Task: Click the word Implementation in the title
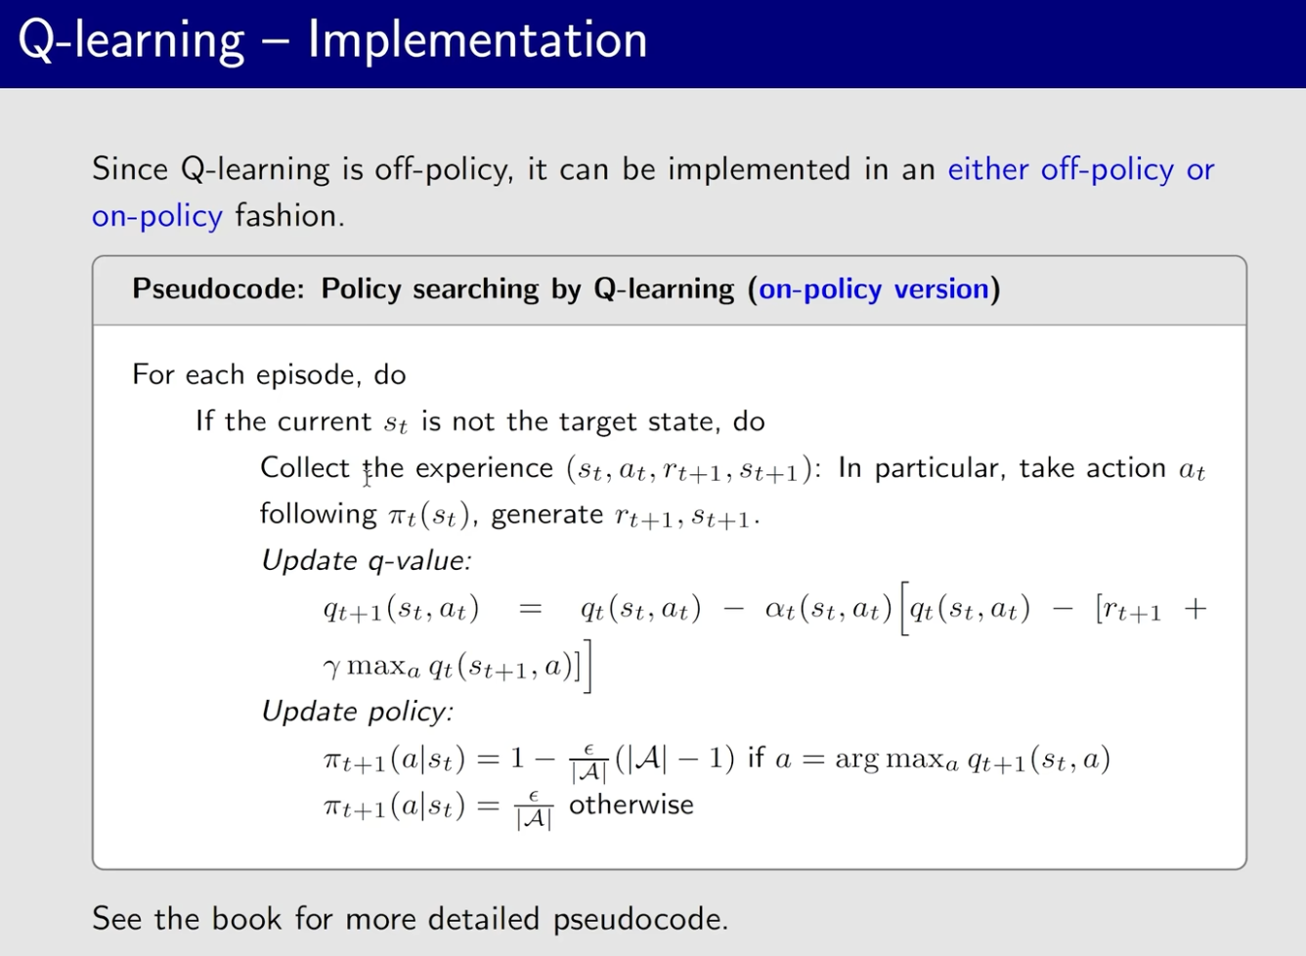coord(477,40)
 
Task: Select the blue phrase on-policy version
coord(873,289)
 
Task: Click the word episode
coord(306,374)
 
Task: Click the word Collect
coord(304,467)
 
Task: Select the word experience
coord(484,469)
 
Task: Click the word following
coord(319,515)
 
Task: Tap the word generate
coord(546,516)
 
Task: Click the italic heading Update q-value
coord(367,561)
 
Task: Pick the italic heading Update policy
coord(358,712)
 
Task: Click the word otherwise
coord(631,805)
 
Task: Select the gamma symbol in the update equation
coord(331,668)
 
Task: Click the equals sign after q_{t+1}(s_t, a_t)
coord(530,609)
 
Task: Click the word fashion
coord(289,216)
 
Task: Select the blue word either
coord(988,169)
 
